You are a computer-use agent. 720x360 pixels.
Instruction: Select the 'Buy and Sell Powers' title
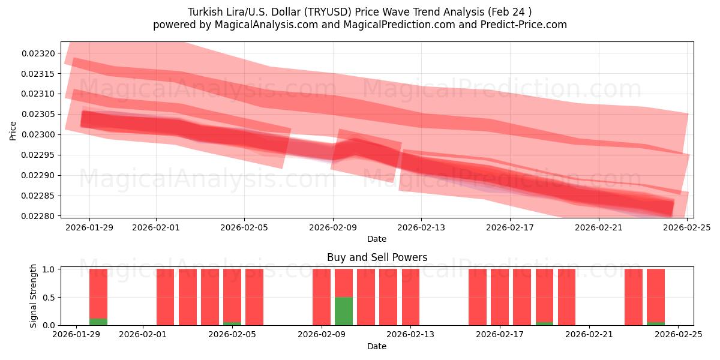pyautogui.click(x=377, y=257)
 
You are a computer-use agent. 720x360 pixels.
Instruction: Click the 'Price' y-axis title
pyautogui.click(x=13, y=130)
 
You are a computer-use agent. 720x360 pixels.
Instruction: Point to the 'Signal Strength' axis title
pyautogui.click(x=34, y=296)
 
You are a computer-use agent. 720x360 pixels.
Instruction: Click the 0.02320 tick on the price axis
pyautogui.click(x=38, y=53)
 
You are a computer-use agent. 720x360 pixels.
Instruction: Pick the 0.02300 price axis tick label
pyautogui.click(x=38, y=134)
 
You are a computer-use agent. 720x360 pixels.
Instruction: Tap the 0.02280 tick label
pyautogui.click(x=38, y=216)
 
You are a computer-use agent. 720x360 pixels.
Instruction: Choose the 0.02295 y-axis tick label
pyautogui.click(x=38, y=155)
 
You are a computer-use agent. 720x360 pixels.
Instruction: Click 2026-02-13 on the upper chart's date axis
pyautogui.click(x=421, y=227)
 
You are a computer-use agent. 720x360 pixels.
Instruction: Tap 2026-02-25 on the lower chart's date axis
pyautogui.click(x=678, y=335)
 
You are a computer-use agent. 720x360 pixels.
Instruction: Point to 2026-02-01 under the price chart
pyautogui.click(x=156, y=227)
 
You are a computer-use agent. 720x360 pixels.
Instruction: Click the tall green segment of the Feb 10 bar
pyautogui.click(x=344, y=311)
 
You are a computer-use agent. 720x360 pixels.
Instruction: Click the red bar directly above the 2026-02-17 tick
pyautogui.click(x=500, y=297)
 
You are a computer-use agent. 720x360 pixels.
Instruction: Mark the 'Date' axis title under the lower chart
pyautogui.click(x=377, y=346)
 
